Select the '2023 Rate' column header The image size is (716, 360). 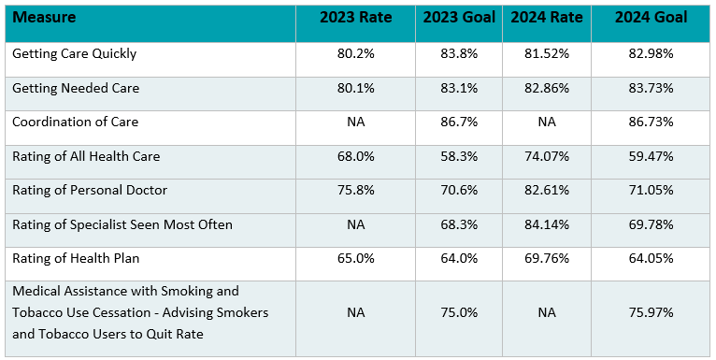pos(355,18)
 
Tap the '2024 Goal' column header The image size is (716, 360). pos(652,18)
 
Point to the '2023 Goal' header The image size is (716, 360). pos(458,18)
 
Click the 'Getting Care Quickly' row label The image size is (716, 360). pos(74,53)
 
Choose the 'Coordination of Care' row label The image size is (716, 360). pos(74,122)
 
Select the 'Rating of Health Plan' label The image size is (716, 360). pos(75,258)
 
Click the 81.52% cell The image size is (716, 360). pos(547,53)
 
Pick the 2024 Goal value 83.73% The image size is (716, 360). pos(652,88)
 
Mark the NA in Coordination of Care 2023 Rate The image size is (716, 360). pos(355,122)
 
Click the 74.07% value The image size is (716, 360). pos(547,156)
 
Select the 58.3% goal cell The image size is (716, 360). pos(458,156)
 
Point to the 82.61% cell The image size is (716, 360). pos(547,190)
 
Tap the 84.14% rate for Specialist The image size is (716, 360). pos(547,224)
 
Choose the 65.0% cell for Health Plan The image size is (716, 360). pos(355,258)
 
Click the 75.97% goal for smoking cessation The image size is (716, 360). pos(652,313)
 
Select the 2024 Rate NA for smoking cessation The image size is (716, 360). pos(547,313)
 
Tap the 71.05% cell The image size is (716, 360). pos(652,190)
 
